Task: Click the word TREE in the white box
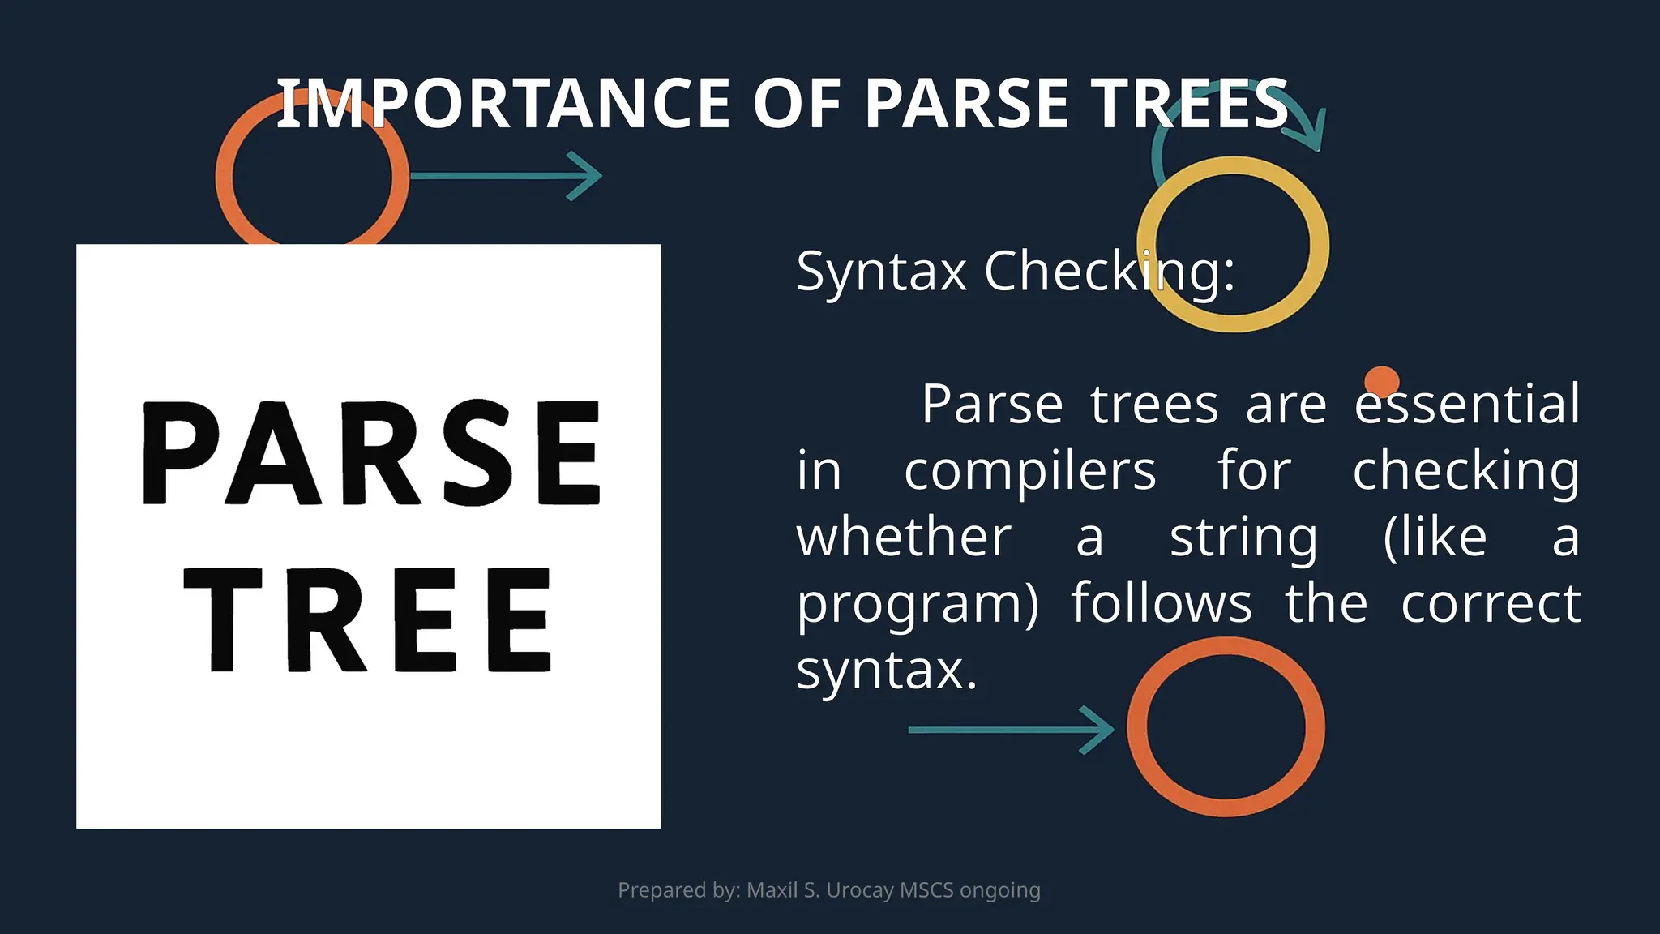[369, 620]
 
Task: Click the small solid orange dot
[1381, 381]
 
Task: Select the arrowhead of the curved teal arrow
[1315, 134]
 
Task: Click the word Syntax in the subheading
[881, 272]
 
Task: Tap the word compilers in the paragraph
[1029, 471]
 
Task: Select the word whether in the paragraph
[904, 538]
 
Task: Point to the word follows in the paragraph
[1162, 604]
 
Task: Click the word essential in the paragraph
[1467, 405]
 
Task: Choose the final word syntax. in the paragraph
[887, 671]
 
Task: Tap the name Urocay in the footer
[860, 890]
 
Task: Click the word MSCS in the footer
[926, 890]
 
